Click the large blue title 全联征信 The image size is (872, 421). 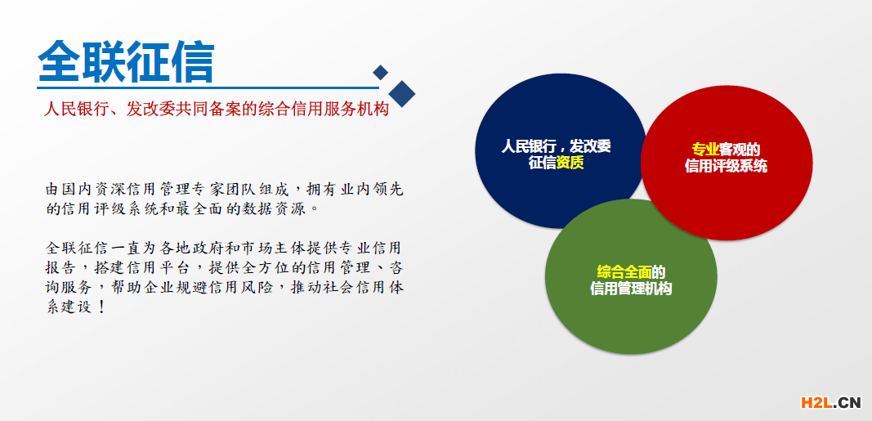tap(126, 61)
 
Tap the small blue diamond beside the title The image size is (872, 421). tap(380, 72)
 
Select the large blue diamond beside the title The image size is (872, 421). tap(401, 93)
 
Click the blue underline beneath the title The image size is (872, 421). tap(208, 87)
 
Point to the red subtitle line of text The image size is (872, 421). tap(216, 109)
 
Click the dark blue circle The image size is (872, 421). tap(560, 150)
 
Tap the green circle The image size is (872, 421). tap(631, 276)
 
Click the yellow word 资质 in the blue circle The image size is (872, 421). tap(570, 163)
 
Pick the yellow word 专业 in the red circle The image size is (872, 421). tap(705, 150)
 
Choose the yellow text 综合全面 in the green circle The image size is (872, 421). tap(624, 272)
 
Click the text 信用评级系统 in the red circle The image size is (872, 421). tap(727, 166)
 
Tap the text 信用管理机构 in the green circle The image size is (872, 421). tap(631, 289)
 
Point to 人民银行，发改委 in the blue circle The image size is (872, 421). tap(556, 147)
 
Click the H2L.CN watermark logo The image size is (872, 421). tap(831, 401)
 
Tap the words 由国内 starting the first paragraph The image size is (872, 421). tap(65, 189)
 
